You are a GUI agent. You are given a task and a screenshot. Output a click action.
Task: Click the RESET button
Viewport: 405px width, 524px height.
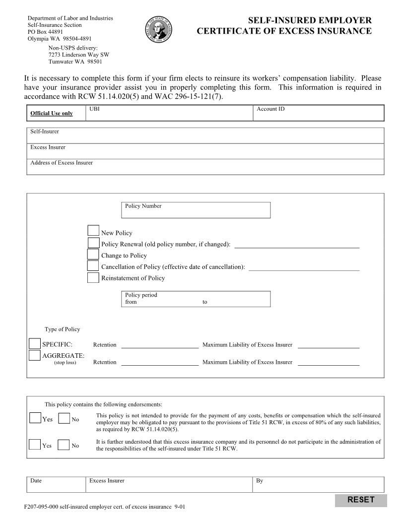(361, 500)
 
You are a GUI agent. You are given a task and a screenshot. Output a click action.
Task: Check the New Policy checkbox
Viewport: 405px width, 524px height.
(93, 230)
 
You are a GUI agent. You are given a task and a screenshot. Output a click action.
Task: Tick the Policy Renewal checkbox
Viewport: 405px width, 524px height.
(93, 243)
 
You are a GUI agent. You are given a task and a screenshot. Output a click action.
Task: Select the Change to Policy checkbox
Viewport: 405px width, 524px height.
(93, 254)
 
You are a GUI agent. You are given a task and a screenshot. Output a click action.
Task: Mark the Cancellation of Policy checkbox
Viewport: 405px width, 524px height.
(93, 265)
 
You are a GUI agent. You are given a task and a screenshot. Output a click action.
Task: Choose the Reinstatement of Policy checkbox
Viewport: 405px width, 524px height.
(93, 277)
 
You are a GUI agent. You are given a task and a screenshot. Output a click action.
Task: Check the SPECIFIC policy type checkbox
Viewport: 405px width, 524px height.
(35, 343)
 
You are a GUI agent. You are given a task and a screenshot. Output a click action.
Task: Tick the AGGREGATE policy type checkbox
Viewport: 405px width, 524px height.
(35, 355)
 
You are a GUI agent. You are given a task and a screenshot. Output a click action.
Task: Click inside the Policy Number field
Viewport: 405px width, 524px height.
(196, 213)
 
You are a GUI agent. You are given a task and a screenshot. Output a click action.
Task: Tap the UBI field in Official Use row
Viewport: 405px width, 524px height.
(169, 115)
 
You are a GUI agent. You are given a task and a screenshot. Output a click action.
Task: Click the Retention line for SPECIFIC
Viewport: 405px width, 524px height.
(160, 345)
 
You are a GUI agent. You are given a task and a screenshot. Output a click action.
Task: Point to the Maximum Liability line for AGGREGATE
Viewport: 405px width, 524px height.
(328, 362)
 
